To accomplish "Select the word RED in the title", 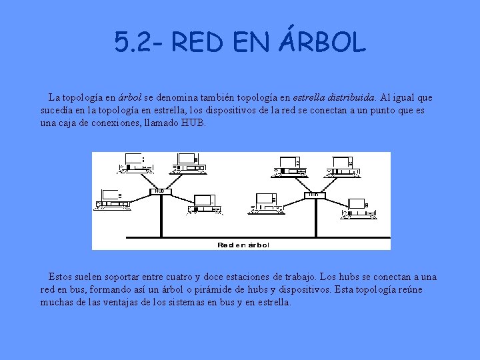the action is click(198, 43).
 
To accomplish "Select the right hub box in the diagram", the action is click(313, 195).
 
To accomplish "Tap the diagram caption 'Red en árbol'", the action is click(243, 245).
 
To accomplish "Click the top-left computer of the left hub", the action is click(131, 162).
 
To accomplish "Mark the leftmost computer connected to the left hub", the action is click(110, 199).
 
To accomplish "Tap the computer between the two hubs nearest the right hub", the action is click(267, 202).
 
